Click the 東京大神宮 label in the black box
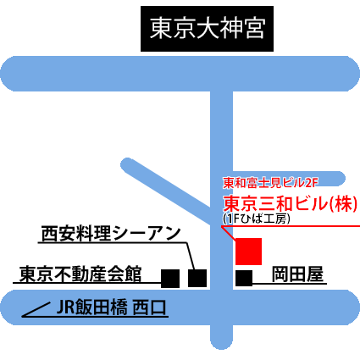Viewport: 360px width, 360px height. click(x=207, y=29)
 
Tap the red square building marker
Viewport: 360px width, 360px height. click(x=248, y=252)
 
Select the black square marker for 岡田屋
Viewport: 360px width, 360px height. click(x=244, y=279)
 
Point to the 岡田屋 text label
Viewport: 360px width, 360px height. click(x=297, y=274)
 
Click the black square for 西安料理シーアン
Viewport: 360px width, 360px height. click(x=197, y=278)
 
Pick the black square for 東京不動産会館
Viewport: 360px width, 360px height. click(x=170, y=279)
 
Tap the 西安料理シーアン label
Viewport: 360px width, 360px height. click(x=111, y=234)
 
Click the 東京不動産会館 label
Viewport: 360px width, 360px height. click(x=80, y=274)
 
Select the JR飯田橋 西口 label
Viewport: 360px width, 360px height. click(x=111, y=307)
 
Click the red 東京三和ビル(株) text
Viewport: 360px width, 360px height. click(x=291, y=203)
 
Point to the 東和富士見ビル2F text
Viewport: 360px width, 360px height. click(x=270, y=183)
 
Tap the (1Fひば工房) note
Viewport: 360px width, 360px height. click(x=257, y=219)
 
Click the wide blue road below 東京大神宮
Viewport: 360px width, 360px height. click(x=180, y=74)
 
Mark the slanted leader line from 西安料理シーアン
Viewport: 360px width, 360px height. click(x=191, y=256)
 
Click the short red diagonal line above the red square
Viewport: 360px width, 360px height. click(x=228, y=233)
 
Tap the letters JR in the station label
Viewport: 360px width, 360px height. click(x=66, y=307)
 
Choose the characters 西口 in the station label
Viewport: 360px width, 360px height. click(x=150, y=307)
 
